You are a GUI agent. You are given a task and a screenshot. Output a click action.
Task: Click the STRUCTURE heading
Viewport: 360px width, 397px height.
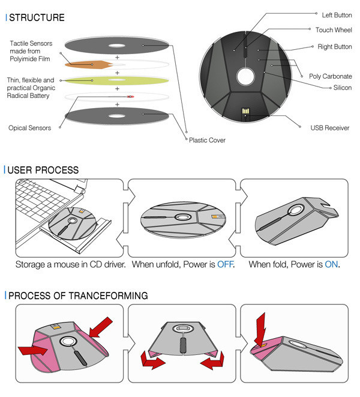coord(37,17)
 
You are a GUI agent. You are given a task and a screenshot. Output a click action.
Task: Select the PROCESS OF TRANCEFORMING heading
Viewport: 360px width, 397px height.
coord(78,296)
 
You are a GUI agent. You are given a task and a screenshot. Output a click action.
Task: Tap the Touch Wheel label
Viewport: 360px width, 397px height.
coord(333,29)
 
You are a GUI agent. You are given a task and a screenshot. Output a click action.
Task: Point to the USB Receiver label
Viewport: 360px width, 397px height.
coord(329,128)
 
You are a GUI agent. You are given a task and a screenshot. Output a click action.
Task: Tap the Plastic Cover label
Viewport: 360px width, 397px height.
coord(207,140)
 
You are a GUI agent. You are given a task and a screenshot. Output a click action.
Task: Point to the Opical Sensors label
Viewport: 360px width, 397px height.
coord(29,127)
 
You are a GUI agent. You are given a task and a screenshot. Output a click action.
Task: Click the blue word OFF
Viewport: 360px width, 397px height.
coord(224,264)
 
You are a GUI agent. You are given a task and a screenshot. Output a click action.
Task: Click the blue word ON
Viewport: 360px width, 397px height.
coord(331,264)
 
